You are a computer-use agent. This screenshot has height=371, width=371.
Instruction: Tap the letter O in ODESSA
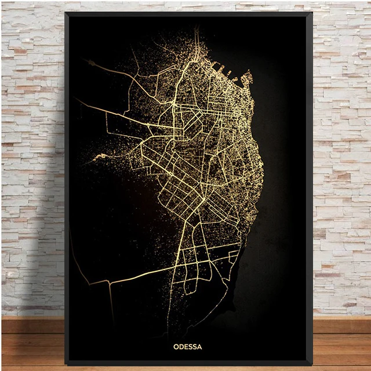175,347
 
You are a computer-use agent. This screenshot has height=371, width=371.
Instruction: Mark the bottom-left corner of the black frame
66,363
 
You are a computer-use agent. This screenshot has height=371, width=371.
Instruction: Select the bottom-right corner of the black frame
311,363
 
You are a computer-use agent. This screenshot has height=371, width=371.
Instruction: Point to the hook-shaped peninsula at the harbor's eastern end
248,77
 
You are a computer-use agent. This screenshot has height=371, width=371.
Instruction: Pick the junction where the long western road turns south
108,282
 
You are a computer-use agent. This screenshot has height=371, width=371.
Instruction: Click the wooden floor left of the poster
32,342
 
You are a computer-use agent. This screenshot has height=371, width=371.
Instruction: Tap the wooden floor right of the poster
342,342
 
